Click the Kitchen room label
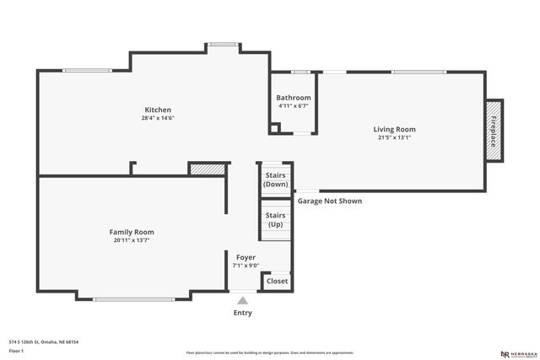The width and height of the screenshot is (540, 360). (x=158, y=110)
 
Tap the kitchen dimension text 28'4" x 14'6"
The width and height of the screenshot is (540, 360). (x=158, y=119)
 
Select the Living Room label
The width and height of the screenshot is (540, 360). (x=395, y=129)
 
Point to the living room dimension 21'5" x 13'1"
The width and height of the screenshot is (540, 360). (x=395, y=138)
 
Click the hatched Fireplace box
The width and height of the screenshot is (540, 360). (x=494, y=129)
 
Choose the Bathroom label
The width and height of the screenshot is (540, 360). (x=294, y=98)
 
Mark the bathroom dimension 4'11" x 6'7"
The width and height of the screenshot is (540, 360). (x=293, y=106)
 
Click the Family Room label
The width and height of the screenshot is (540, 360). (x=132, y=232)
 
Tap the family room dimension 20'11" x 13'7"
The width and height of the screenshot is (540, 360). (x=132, y=240)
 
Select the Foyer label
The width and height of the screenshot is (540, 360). (x=246, y=257)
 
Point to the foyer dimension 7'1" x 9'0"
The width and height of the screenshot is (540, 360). (x=246, y=266)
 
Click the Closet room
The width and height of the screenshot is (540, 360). (x=277, y=281)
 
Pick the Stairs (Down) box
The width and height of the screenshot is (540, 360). (x=275, y=180)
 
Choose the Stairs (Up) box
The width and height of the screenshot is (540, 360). (x=275, y=220)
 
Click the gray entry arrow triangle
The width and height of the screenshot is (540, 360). (x=243, y=300)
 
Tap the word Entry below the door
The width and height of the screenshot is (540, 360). (x=243, y=313)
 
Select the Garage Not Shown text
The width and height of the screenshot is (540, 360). (x=330, y=201)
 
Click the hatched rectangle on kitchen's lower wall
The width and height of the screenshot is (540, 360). (x=207, y=169)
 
